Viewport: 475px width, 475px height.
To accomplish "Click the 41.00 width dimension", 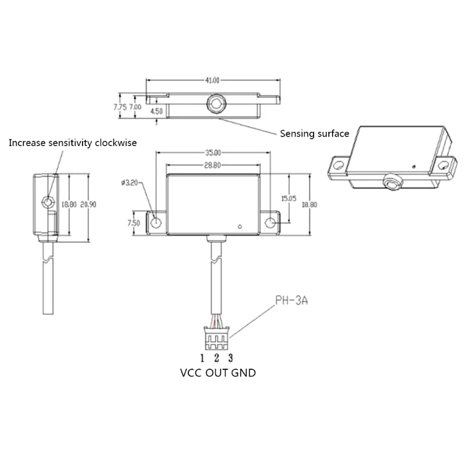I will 213,80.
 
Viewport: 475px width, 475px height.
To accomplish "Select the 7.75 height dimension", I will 119,107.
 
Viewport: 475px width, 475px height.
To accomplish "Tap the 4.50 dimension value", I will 156,111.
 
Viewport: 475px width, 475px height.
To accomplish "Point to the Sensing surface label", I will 314,134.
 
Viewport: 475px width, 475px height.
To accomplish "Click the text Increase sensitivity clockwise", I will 72,142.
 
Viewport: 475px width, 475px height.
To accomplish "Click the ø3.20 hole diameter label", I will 129,183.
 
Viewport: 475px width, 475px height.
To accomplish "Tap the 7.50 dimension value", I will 133,223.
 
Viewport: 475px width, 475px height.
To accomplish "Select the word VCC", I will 191,373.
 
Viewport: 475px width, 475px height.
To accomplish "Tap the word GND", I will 245,373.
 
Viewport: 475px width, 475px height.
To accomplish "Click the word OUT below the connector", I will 217,373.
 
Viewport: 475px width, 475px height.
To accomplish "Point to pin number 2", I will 217,357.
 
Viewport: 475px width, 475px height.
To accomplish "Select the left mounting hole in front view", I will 156,223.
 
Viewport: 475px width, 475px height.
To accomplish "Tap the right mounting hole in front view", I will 270,223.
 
